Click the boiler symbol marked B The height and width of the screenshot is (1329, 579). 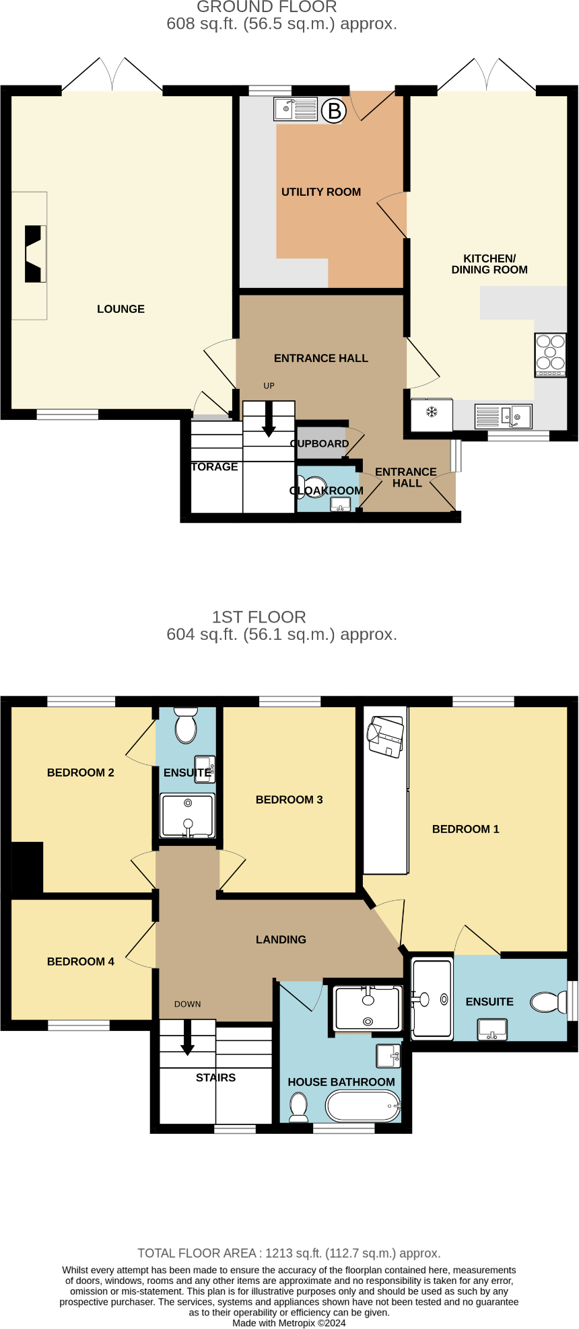[333, 110]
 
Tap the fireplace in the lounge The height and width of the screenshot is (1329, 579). [34, 254]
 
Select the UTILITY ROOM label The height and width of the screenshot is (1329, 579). [320, 192]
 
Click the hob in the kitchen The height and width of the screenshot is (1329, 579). [550, 355]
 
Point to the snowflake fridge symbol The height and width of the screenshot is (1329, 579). [432, 412]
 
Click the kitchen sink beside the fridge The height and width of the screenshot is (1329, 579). [503, 416]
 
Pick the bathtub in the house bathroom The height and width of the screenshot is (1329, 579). [362, 1106]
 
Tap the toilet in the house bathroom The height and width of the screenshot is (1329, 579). [298, 1106]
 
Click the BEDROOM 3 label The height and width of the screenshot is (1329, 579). [289, 799]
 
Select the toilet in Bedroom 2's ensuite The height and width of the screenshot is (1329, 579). [185, 725]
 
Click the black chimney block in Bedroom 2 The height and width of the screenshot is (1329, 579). [28, 867]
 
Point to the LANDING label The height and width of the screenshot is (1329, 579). [281, 939]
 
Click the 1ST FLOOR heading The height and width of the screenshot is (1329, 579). [259, 616]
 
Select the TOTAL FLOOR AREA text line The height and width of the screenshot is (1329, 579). [289, 1253]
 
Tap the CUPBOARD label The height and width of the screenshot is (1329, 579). [320, 443]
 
